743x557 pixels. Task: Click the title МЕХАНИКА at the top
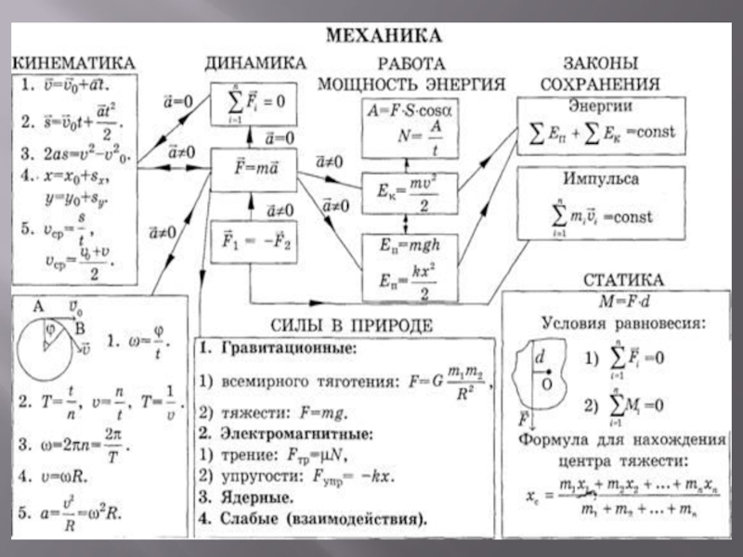tap(381, 38)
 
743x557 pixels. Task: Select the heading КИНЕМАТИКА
tap(73, 62)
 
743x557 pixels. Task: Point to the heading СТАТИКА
tap(622, 279)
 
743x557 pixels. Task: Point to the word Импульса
tap(600, 177)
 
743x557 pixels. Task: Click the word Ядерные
tap(251, 496)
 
